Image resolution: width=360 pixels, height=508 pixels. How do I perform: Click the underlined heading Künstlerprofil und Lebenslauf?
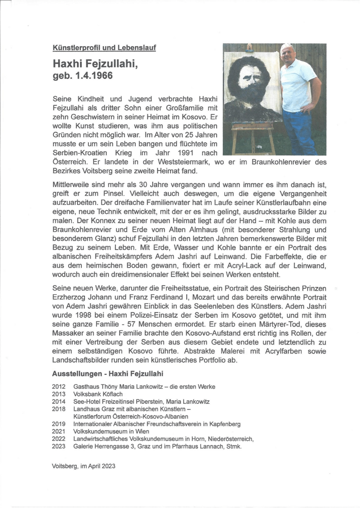click(104, 48)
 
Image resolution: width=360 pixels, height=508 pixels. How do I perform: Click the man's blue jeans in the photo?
click(300, 132)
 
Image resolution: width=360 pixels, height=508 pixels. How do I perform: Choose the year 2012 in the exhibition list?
click(58, 387)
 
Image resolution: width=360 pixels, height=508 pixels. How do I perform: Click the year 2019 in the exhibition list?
click(58, 423)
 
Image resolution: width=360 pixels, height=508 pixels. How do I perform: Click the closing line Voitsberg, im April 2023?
click(83, 466)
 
